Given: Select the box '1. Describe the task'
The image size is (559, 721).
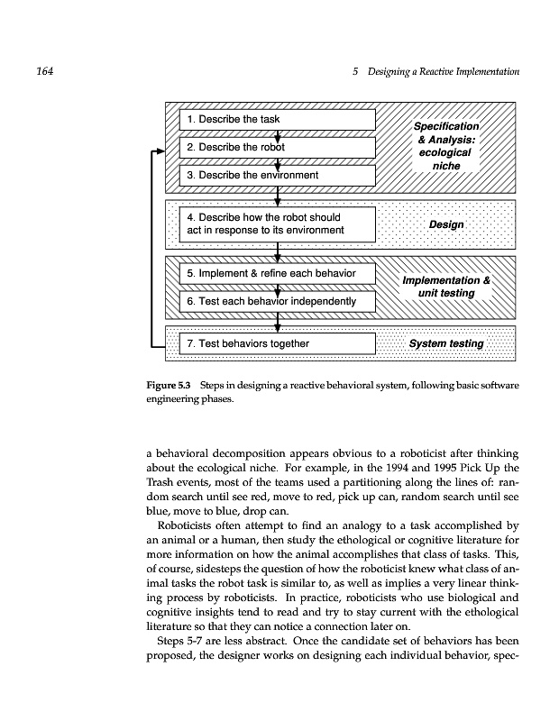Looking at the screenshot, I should click(x=277, y=120).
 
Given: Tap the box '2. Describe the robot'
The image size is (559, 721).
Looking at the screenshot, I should click(x=277, y=147).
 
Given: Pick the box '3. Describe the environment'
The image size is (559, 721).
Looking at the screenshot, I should click(x=277, y=174).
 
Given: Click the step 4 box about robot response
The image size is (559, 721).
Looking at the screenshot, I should click(x=277, y=224).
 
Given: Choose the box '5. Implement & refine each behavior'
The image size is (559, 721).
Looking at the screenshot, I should click(x=277, y=273).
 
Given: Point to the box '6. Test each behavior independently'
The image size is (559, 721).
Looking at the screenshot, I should click(x=277, y=300).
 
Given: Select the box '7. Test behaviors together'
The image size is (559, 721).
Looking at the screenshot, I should click(x=277, y=343).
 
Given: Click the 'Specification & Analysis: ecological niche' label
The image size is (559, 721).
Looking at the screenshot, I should click(x=445, y=147).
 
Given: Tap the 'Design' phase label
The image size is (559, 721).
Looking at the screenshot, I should click(x=446, y=224).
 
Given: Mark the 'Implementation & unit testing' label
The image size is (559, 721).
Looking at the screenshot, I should click(x=446, y=287).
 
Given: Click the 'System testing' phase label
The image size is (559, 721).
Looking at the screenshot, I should click(x=445, y=343).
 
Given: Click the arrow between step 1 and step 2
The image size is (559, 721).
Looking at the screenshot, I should click(x=278, y=134).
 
